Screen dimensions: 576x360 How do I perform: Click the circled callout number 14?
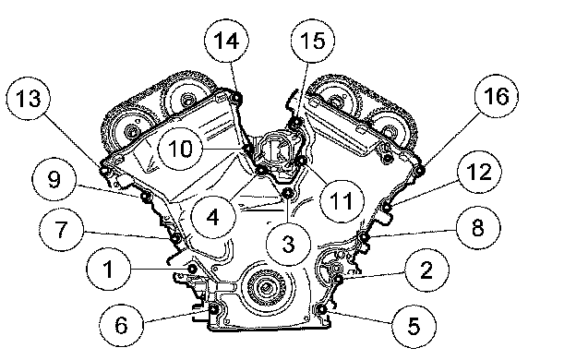[226, 41]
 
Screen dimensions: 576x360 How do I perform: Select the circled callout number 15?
[313, 41]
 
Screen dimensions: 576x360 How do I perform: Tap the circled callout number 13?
[29, 99]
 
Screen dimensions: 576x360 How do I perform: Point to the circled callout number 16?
[497, 96]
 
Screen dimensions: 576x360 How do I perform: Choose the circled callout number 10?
[180, 149]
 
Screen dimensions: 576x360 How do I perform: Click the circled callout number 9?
[54, 180]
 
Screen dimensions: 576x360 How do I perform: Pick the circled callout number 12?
[479, 172]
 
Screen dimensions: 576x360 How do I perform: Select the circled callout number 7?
[61, 229]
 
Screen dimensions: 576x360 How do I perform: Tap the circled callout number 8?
[478, 228]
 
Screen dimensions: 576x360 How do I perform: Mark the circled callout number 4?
[213, 218]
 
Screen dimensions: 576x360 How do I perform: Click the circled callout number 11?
[342, 201]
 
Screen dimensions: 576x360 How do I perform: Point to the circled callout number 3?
[289, 244]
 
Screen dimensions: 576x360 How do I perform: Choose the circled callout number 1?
[108, 270]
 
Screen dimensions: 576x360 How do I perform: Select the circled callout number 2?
[426, 270]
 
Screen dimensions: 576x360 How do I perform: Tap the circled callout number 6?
[121, 326]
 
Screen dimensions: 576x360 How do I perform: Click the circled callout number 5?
[414, 326]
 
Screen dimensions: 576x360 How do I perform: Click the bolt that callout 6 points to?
[214, 310]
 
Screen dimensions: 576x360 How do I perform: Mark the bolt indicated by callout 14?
[236, 98]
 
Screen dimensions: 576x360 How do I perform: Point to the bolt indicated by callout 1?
[192, 269]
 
